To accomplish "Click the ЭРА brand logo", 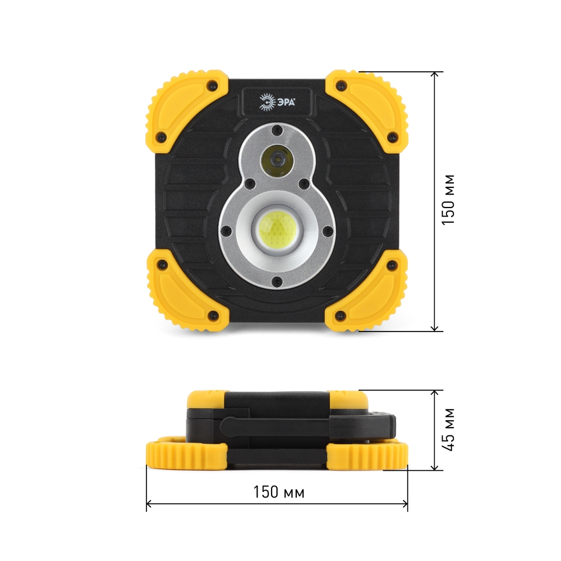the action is click(x=277, y=102).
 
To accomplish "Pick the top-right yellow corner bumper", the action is click(x=367, y=112).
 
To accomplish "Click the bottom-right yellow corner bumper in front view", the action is click(x=367, y=291).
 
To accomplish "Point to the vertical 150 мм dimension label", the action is click(x=448, y=200).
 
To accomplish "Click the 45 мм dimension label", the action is click(x=448, y=430).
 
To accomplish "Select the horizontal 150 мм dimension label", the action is click(x=279, y=492).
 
